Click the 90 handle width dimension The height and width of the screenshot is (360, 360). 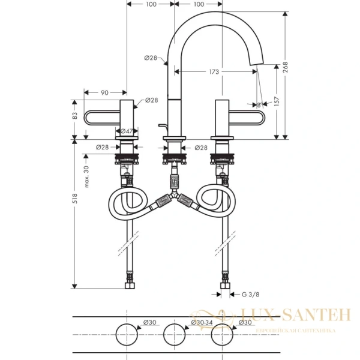pos(104,92)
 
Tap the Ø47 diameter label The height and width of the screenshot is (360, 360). pos(127,131)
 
